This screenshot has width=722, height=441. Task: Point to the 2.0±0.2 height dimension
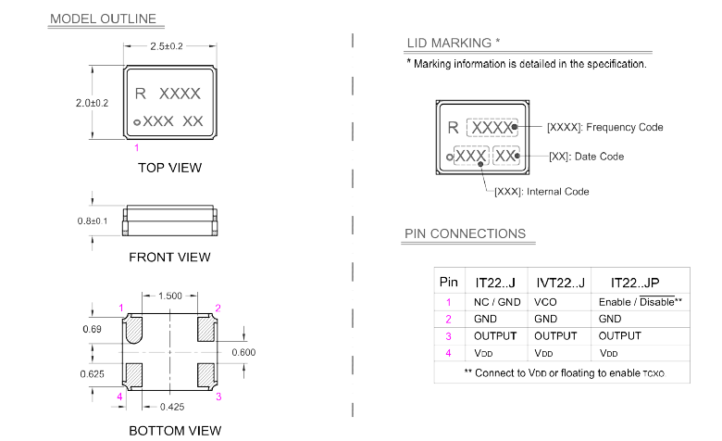93,103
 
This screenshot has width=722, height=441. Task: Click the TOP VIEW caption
169,168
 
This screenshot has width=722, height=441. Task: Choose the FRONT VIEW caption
169,257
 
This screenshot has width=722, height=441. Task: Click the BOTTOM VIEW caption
175,430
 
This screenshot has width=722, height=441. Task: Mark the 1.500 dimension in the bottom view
169,296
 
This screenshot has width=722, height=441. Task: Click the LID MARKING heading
453,43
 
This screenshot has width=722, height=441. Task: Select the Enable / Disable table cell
640,302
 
